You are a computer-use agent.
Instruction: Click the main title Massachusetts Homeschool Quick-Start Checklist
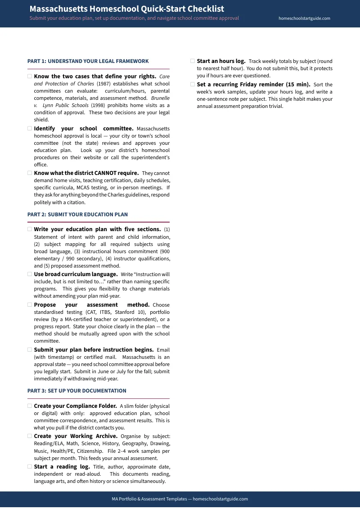(x=126, y=9)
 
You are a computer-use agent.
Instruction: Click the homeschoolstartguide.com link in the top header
(x=304, y=18)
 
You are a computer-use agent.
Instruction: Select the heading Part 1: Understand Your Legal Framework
(x=88, y=61)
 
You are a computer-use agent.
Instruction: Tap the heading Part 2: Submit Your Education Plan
(x=77, y=214)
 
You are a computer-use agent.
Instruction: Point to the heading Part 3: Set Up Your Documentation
(x=77, y=391)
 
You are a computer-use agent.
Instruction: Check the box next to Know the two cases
(x=30, y=76)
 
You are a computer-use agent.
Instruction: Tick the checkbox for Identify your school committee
(x=30, y=128)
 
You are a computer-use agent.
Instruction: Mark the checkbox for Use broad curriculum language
(x=30, y=274)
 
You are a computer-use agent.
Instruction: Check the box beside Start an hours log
(x=193, y=61)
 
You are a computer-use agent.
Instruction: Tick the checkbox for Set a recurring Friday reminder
(x=193, y=84)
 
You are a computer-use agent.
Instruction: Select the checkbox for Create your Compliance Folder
(x=30, y=406)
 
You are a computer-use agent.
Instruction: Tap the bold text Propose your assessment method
(x=92, y=304)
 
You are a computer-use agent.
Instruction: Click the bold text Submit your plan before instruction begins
(x=94, y=349)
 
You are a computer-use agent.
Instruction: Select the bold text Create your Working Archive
(x=76, y=436)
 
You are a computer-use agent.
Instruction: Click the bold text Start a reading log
(x=62, y=467)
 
